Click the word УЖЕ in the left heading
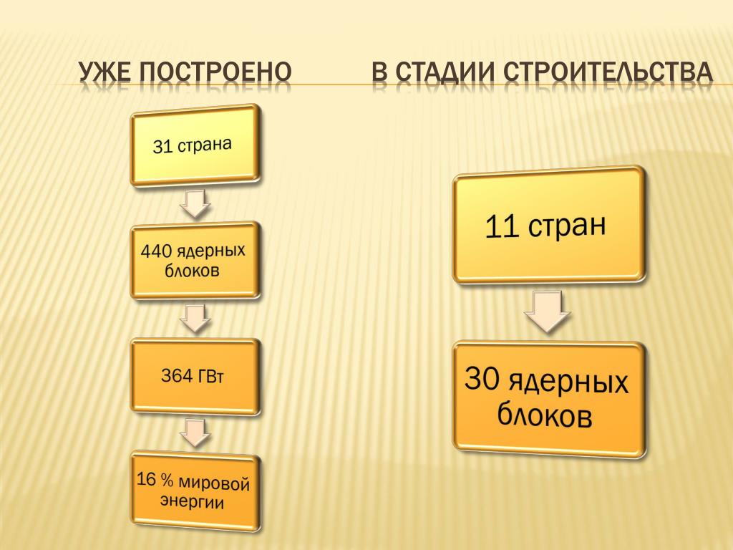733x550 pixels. pyautogui.click(x=104, y=72)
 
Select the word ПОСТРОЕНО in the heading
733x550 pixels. pyautogui.click(x=215, y=72)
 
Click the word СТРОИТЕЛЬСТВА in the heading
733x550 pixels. pyautogui.click(x=608, y=72)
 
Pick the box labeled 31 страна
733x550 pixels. pyautogui.click(x=195, y=145)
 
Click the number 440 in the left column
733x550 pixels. pyautogui.click(x=156, y=251)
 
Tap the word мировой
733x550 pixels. pyautogui.click(x=214, y=483)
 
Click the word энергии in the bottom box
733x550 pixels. pyautogui.click(x=192, y=501)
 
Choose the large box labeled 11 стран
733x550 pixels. pyautogui.click(x=549, y=226)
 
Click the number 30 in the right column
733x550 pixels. pyautogui.click(x=482, y=378)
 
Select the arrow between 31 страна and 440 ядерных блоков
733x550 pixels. pyautogui.click(x=195, y=203)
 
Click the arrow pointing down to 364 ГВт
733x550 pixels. pyautogui.click(x=195, y=318)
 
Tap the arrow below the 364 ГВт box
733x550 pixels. pyautogui.click(x=195, y=432)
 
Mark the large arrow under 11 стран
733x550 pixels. pyautogui.click(x=548, y=312)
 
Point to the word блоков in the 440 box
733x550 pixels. pyautogui.click(x=192, y=270)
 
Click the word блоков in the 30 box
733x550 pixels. pyautogui.click(x=545, y=414)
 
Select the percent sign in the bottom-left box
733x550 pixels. pyautogui.click(x=166, y=480)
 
